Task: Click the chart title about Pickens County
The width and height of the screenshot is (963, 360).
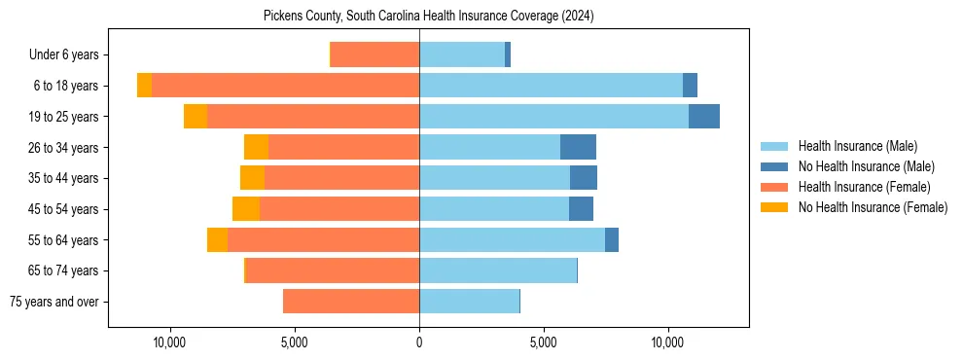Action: pyautogui.click(x=428, y=17)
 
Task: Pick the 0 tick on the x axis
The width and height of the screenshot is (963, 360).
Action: pyautogui.click(x=419, y=342)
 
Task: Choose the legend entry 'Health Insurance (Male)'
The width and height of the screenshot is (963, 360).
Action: pyautogui.click(x=857, y=146)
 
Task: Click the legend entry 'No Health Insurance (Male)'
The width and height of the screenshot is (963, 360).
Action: pyautogui.click(x=866, y=166)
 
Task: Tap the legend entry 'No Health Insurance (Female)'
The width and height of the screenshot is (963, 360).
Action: pyautogui.click(x=873, y=207)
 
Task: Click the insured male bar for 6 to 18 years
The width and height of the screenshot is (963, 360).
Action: pyautogui.click(x=551, y=86)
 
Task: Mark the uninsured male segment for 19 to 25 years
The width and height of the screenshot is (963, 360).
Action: pyautogui.click(x=704, y=117)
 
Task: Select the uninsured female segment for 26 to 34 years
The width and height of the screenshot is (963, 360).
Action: pyautogui.click(x=256, y=147)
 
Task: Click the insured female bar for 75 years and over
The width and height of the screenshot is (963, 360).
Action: pyautogui.click(x=351, y=302)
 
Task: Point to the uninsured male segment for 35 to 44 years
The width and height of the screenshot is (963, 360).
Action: pyautogui.click(x=584, y=178)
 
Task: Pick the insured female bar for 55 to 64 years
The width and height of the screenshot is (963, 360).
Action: pyautogui.click(x=323, y=239)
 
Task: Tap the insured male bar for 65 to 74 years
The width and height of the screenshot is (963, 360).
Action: pyautogui.click(x=498, y=270)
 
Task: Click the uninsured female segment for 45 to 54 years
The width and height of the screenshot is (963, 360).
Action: pyautogui.click(x=246, y=209)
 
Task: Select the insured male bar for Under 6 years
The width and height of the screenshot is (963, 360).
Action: pyautogui.click(x=462, y=54)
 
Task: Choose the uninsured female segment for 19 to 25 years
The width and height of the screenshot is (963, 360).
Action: pyautogui.click(x=196, y=117)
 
